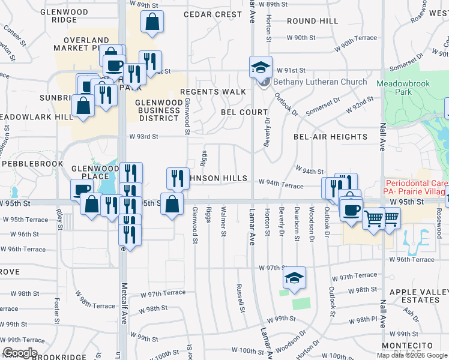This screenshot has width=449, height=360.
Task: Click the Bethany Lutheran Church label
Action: pyautogui.click(x=320, y=82)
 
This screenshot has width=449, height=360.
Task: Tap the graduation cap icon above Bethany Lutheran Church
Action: pyautogui.click(x=261, y=67)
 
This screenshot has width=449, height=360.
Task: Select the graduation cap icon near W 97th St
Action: pyautogui.click(x=295, y=278)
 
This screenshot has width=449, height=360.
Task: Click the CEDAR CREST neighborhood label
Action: pyautogui.click(x=212, y=14)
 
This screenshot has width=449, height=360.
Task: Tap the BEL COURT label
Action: pyautogui.click(x=244, y=112)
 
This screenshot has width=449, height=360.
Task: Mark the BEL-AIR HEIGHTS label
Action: pyautogui.click(x=330, y=137)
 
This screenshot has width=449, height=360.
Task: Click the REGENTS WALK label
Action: pyautogui.click(x=214, y=92)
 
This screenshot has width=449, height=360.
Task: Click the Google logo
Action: pyautogui.click(x=19, y=353)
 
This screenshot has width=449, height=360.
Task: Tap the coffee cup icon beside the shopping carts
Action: pyautogui.click(x=351, y=210)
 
